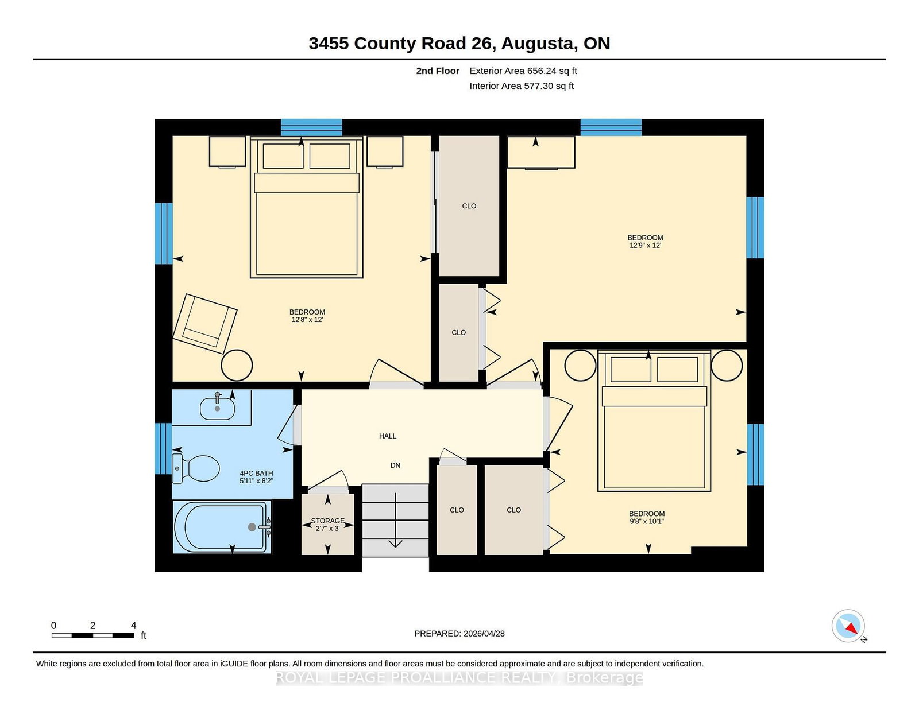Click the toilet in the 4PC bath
195,468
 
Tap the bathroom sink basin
217,408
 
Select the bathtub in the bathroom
222,526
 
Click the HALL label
387,436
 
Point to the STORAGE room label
328,521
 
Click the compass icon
848,626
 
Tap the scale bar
92,635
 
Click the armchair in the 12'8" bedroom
205,324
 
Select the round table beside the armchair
237,366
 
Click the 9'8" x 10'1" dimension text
647,521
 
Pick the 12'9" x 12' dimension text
645,245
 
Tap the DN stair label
395,465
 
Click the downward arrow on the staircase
395,520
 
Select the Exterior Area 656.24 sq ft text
523,71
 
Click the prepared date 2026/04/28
484,634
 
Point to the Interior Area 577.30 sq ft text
522,86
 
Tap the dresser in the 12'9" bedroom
541,152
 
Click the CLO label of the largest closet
469,206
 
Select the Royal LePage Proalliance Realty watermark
459,677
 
